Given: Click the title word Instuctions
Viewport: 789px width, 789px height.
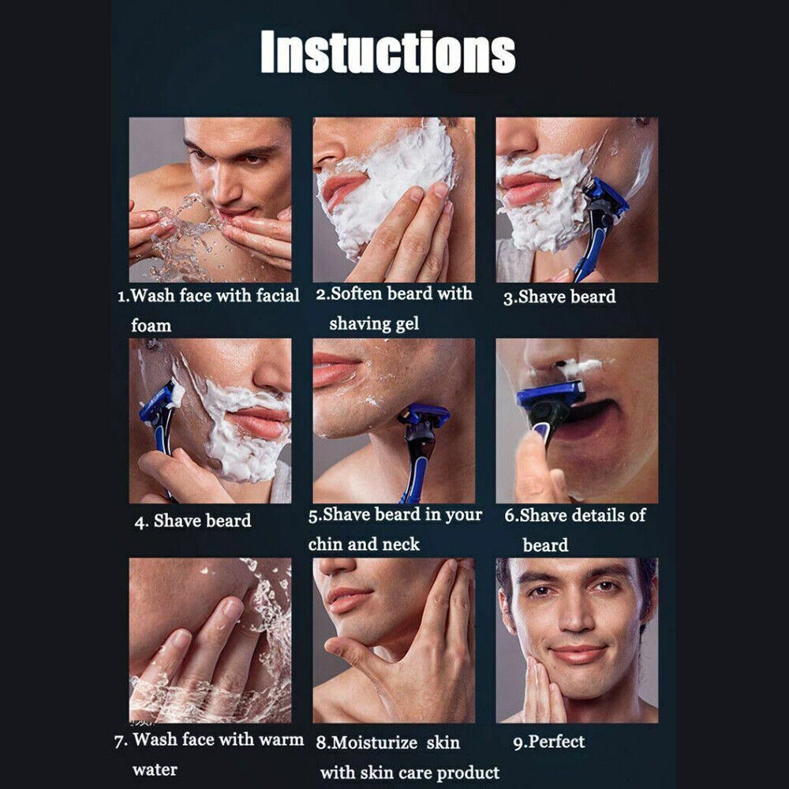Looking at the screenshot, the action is tap(388, 52).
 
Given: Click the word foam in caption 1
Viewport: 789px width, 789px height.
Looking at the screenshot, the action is tap(151, 326).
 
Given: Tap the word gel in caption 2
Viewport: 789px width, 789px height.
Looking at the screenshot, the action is tap(407, 324).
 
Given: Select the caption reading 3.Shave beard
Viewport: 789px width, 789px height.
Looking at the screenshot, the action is tap(559, 297).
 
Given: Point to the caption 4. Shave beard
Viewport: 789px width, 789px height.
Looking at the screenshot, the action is tap(193, 521).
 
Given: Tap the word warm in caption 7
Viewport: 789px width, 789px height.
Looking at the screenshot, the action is tap(282, 740).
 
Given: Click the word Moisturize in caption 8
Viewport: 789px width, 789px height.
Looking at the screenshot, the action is tap(374, 742).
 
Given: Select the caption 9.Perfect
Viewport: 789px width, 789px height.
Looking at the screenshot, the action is tap(549, 742).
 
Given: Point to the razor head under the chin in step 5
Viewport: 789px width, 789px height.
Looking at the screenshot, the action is tap(424, 414).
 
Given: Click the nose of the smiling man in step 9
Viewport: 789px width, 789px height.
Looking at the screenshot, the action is tap(576, 616).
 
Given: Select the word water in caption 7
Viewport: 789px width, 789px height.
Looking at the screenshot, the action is tap(155, 770).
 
